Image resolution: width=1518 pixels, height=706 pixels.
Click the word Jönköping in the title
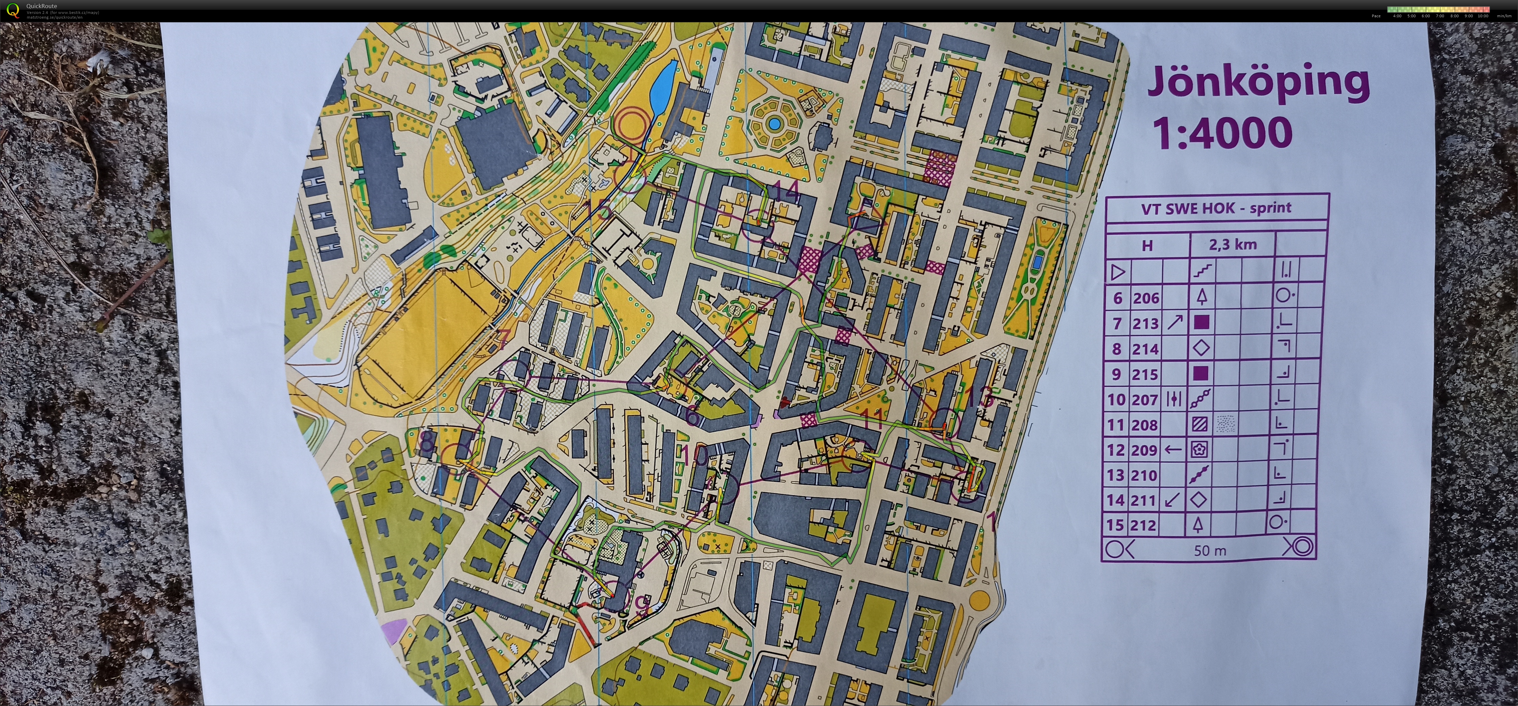(1258, 84)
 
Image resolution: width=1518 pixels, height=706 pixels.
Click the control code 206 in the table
(1145, 299)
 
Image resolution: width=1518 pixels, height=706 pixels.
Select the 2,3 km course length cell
(1232, 244)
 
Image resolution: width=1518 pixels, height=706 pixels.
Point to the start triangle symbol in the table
(1118, 272)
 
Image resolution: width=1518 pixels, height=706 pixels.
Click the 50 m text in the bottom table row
(1210, 550)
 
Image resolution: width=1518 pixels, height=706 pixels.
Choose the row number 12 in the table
(1116, 450)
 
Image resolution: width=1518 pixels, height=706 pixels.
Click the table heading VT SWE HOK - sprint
(1216, 208)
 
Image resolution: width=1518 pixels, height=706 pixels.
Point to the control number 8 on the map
(427, 442)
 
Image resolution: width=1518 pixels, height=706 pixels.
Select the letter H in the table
(1147, 245)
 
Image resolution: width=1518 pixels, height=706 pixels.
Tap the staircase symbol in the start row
(1202, 271)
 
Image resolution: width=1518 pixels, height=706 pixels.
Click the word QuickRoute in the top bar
(41, 6)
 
